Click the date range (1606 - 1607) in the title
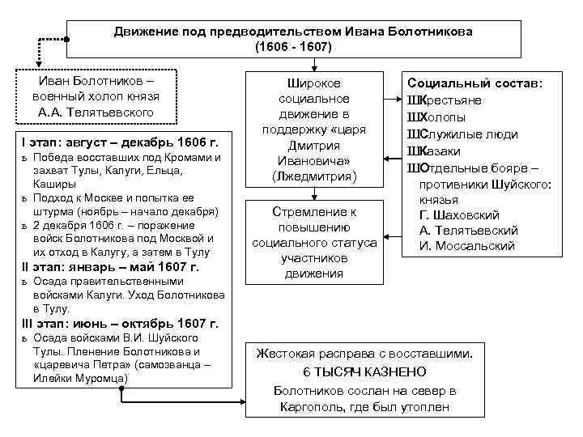pyautogui.click(x=293, y=46)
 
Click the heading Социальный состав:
pyautogui.click(x=475, y=83)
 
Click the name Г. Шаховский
pyautogui.click(x=459, y=214)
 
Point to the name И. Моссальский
pyautogui.click(x=467, y=245)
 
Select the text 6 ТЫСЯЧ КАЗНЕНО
pyautogui.click(x=364, y=371)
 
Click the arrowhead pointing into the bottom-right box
pyautogui.click(x=240, y=399)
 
